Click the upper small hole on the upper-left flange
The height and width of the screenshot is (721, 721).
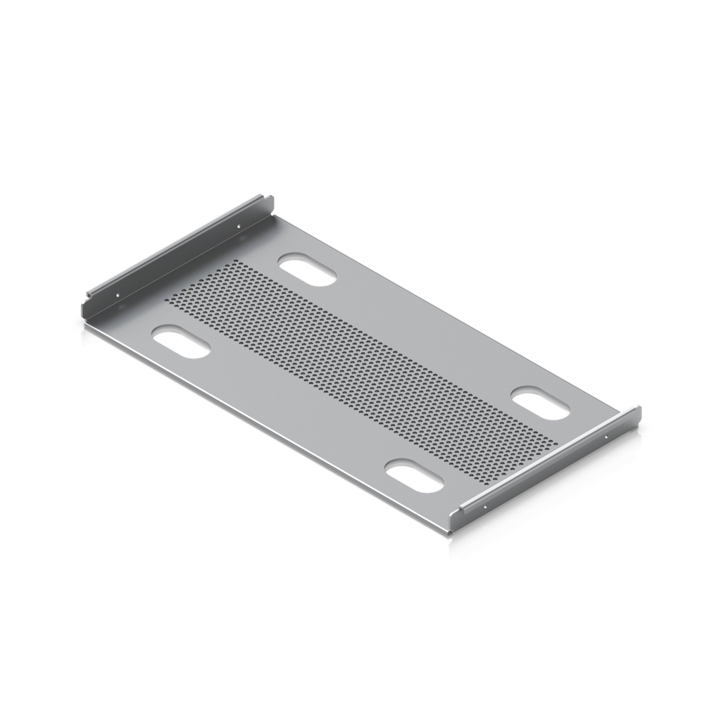(240, 225)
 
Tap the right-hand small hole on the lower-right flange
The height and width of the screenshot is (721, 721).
(607, 437)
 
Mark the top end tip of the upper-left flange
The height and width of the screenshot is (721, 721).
(270, 197)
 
